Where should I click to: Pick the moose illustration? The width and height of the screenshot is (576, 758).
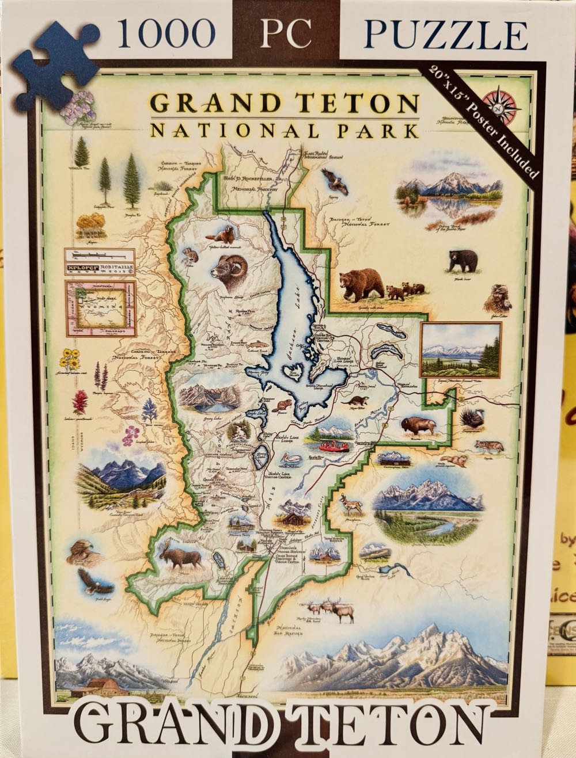click(184, 557)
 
